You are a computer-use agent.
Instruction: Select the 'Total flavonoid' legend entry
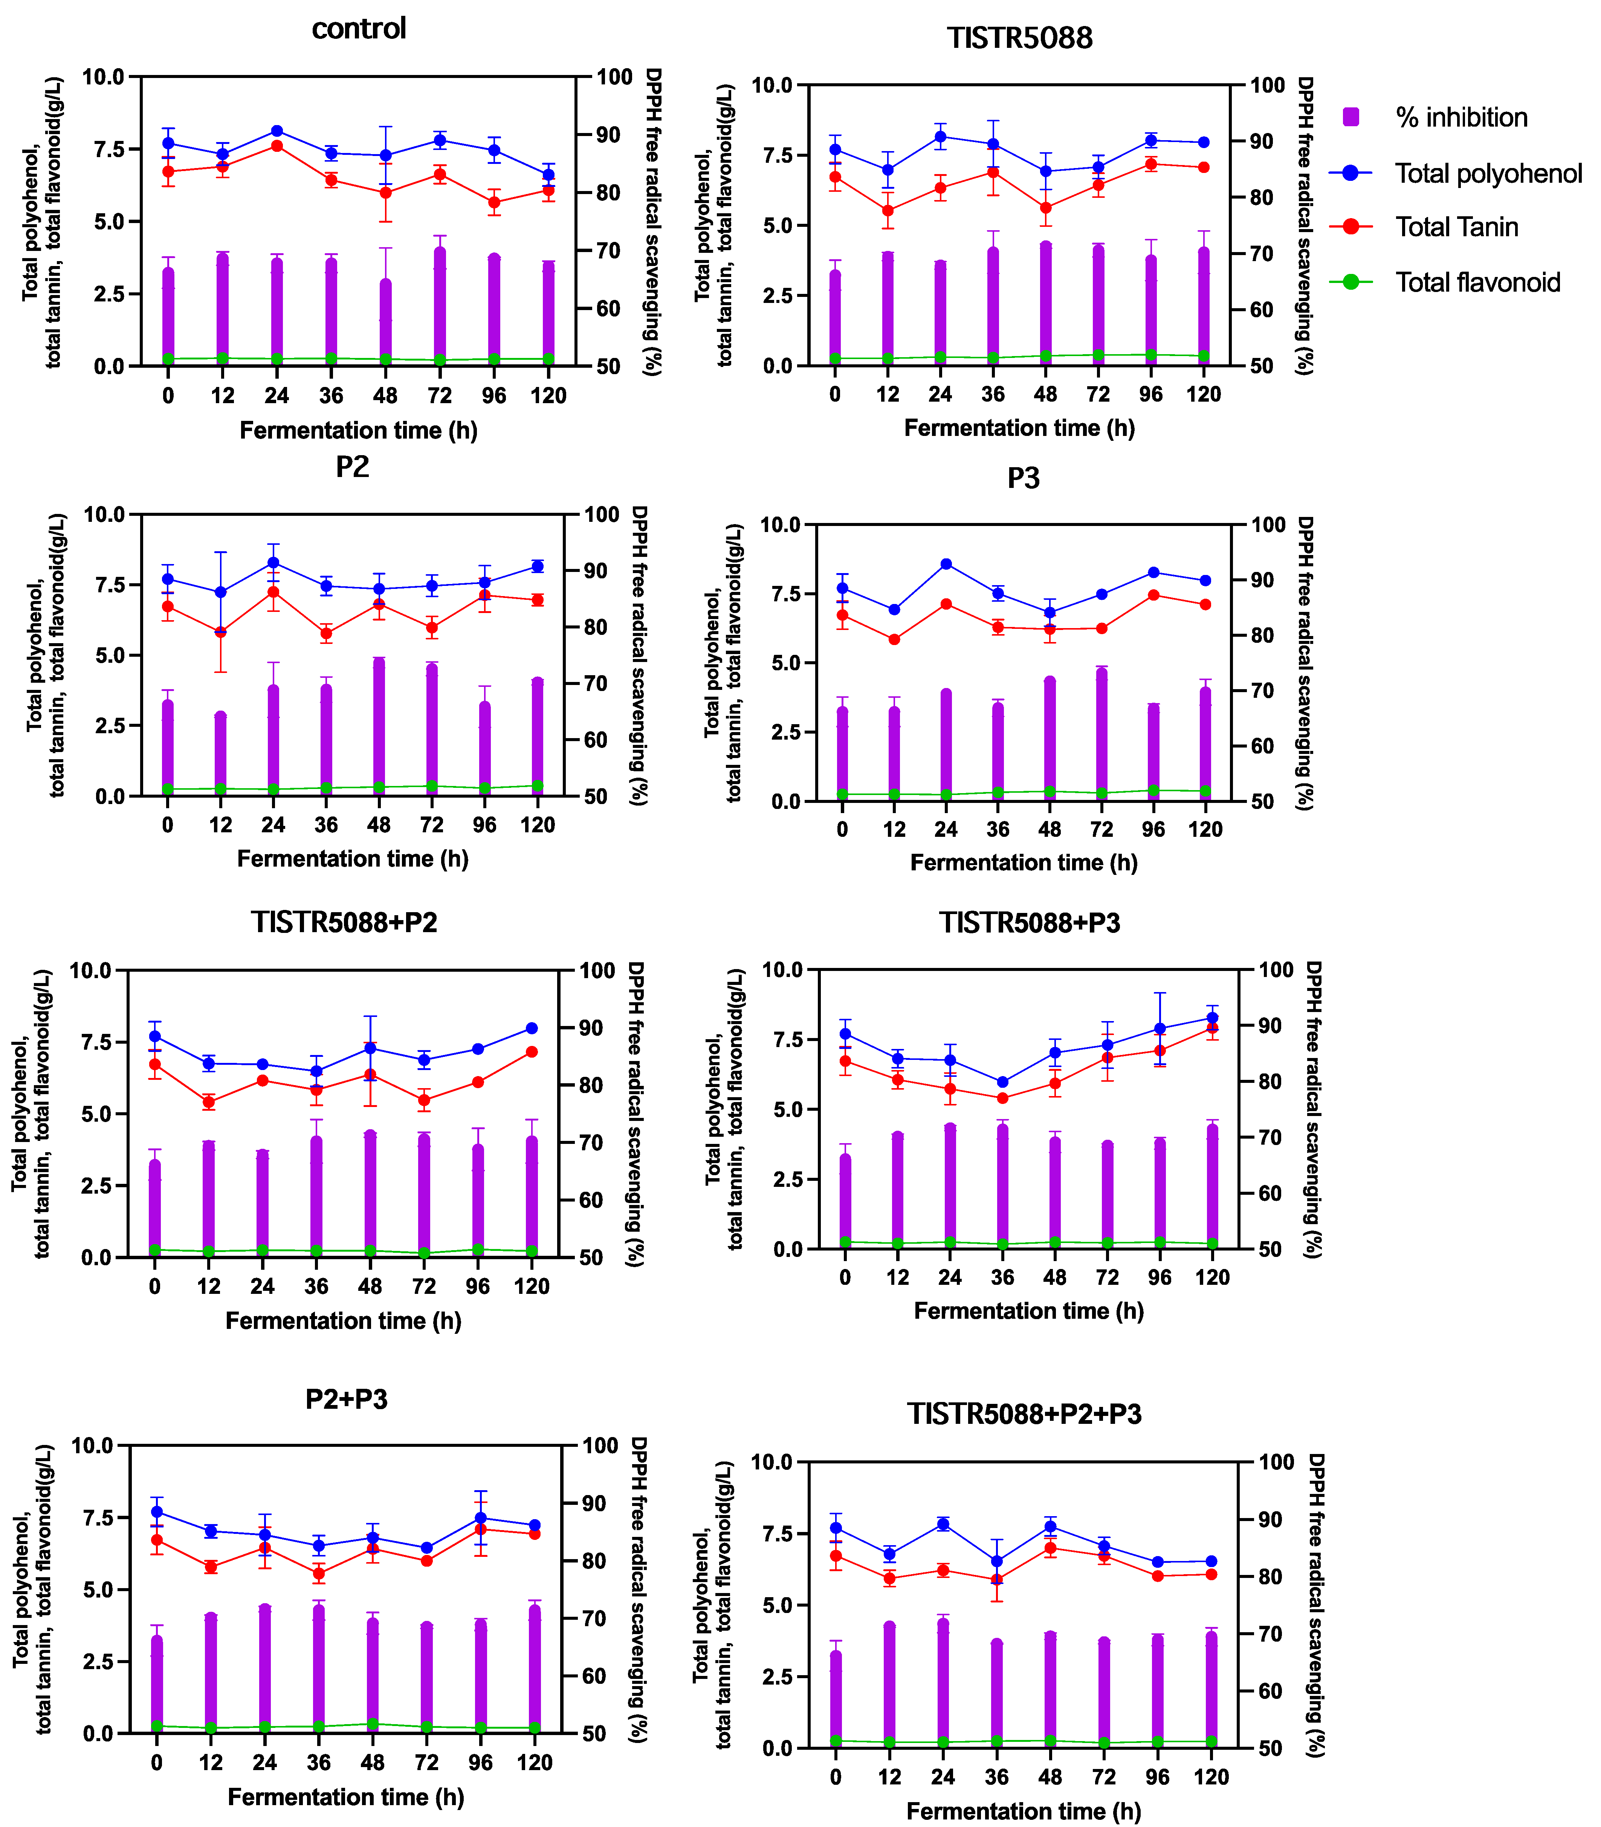[1478, 282]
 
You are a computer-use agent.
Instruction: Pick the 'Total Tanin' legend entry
[1456, 227]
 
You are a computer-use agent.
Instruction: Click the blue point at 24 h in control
[277, 131]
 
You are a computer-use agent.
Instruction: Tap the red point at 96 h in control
[494, 202]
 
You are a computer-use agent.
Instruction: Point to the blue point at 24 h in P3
[946, 564]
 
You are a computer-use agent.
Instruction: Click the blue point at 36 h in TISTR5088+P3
[1002, 1082]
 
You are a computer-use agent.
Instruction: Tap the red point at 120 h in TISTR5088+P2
[532, 1052]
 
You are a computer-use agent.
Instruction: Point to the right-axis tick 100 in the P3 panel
[1268, 524]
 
